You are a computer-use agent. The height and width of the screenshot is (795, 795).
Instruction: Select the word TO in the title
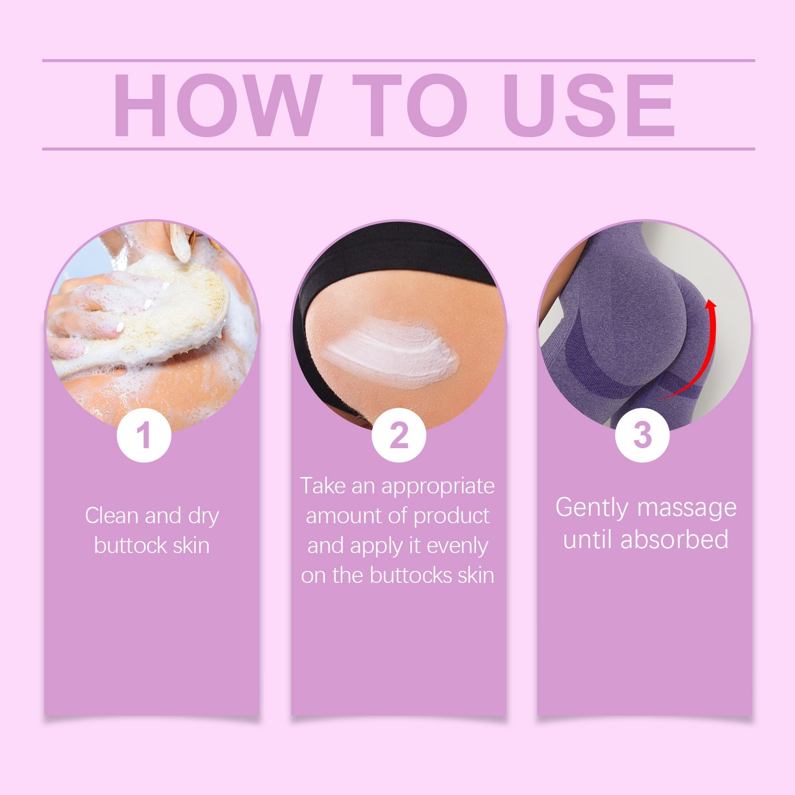click(410, 105)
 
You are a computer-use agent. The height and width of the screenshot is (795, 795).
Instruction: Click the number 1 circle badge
click(144, 435)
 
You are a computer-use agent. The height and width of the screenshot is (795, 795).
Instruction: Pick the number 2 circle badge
click(398, 435)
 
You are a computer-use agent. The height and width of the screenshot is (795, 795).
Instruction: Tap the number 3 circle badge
click(642, 435)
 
